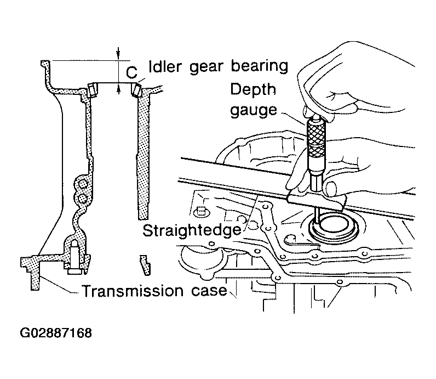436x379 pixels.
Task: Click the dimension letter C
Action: coord(131,72)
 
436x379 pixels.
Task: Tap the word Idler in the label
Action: coord(165,66)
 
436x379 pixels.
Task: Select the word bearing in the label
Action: coord(260,67)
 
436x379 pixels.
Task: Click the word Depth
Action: coord(253,89)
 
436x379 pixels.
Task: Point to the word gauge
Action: coord(254,110)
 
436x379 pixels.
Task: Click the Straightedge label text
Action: coord(192,230)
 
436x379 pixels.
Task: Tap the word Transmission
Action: coord(133,291)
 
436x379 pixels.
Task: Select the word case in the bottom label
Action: coord(209,291)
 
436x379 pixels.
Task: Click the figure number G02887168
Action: coord(56,333)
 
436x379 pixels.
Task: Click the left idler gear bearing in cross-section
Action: coord(92,89)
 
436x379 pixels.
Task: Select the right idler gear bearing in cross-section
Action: coord(136,89)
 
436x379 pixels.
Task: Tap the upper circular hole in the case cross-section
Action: coord(82,184)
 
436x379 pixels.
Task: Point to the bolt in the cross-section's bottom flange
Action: coord(74,258)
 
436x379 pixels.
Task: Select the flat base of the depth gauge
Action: coord(317,201)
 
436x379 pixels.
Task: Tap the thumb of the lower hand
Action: coord(331,189)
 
